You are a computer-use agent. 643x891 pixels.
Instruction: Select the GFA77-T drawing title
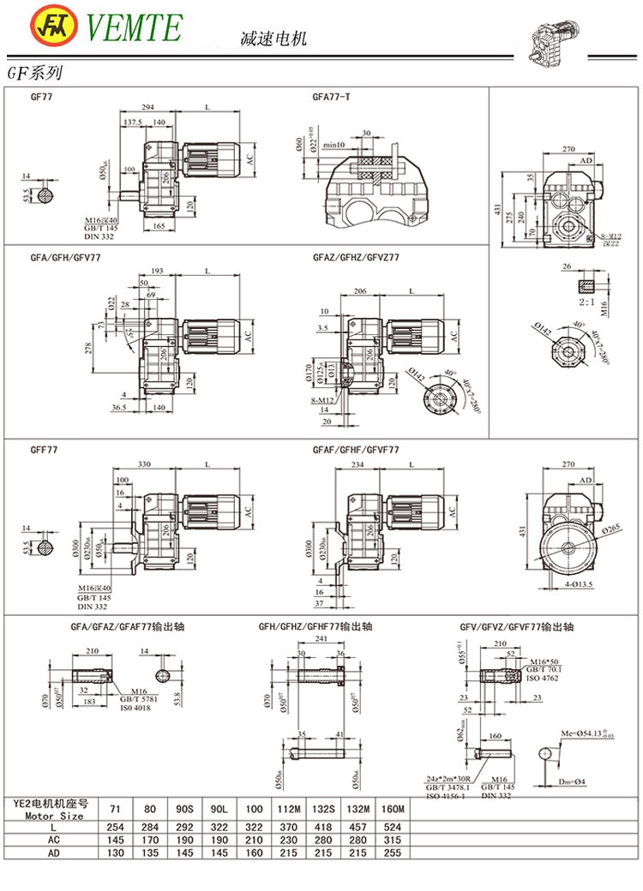tap(331, 97)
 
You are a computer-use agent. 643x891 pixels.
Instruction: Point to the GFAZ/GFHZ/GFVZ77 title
tap(356, 256)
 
